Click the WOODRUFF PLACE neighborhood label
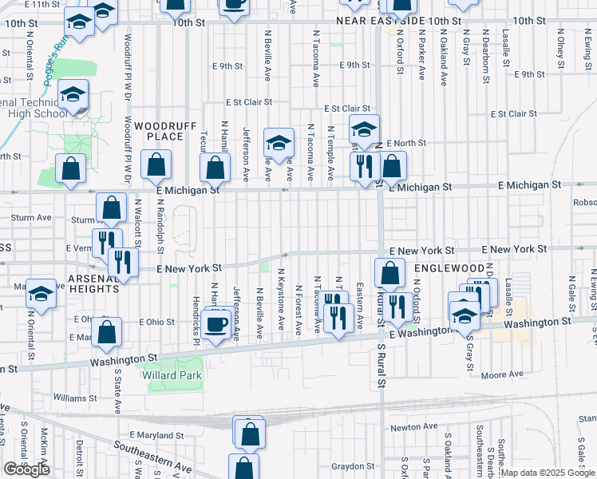159,131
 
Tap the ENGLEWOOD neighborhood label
449,268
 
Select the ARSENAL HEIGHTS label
93,283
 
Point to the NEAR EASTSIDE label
389,21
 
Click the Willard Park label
172,375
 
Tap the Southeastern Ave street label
152,457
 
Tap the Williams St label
75,397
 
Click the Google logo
27,469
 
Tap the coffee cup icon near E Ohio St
217,323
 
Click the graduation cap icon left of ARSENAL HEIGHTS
41,294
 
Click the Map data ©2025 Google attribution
548,473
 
